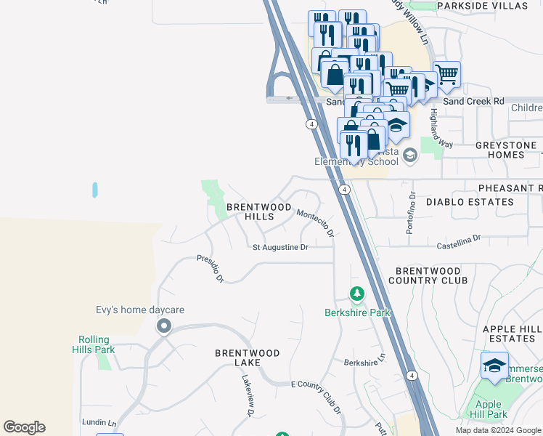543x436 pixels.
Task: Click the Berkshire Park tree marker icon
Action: click(356, 294)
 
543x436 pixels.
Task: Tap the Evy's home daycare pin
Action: click(164, 327)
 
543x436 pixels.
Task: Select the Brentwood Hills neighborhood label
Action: click(250, 211)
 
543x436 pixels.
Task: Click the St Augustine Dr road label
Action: click(280, 247)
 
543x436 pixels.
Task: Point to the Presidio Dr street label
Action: click(211, 268)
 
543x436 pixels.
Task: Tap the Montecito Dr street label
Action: click(315, 222)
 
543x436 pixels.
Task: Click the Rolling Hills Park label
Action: click(94, 344)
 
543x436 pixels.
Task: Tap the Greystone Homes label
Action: click(505, 150)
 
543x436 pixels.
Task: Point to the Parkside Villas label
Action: click(483, 6)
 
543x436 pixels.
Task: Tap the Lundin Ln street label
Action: click(99, 422)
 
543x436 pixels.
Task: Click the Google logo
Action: click(24, 427)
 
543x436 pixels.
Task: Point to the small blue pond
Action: click(94, 190)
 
